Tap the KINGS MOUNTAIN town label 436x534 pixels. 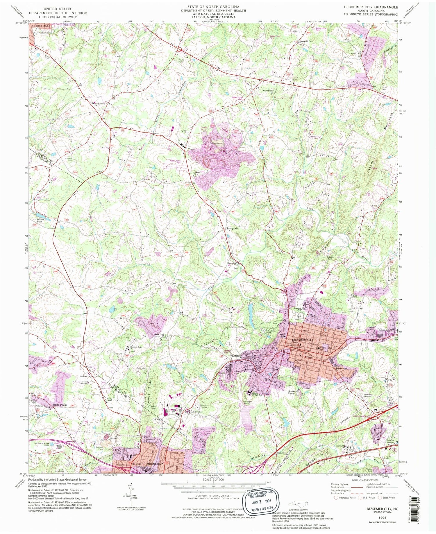[x=147, y=464]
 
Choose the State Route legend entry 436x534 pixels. [x=386, y=498]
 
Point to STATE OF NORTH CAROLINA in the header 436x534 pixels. [x=213, y=7]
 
